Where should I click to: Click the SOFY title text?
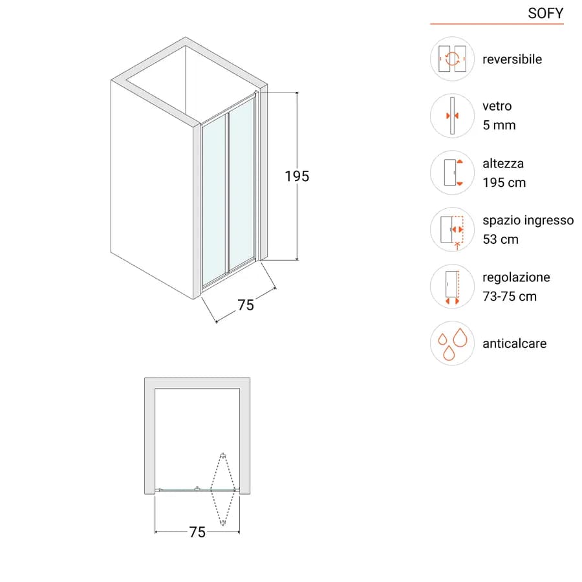point(545,14)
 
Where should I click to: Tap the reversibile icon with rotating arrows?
point(452,59)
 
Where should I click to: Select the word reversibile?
point(512,59)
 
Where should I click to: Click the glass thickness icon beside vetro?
point(452,116)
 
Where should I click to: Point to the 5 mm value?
point(499,125)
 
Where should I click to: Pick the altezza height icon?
point(452,173)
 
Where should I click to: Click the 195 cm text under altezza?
point(504,182)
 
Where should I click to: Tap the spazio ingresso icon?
point(452,230)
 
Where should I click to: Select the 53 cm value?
point(501,239)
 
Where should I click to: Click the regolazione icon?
point(452,286)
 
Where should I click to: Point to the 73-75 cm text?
point(510,297)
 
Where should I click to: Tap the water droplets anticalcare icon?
point(452,343)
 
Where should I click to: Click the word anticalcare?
point(515,344)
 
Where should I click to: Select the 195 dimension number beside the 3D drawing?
point(297,177)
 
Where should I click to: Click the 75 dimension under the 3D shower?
point(246,305)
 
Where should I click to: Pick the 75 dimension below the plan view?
point(197,532)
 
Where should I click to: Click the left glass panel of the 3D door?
point(214,200)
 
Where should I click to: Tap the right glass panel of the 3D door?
point(242,184)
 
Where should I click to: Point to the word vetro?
point(497,107)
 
